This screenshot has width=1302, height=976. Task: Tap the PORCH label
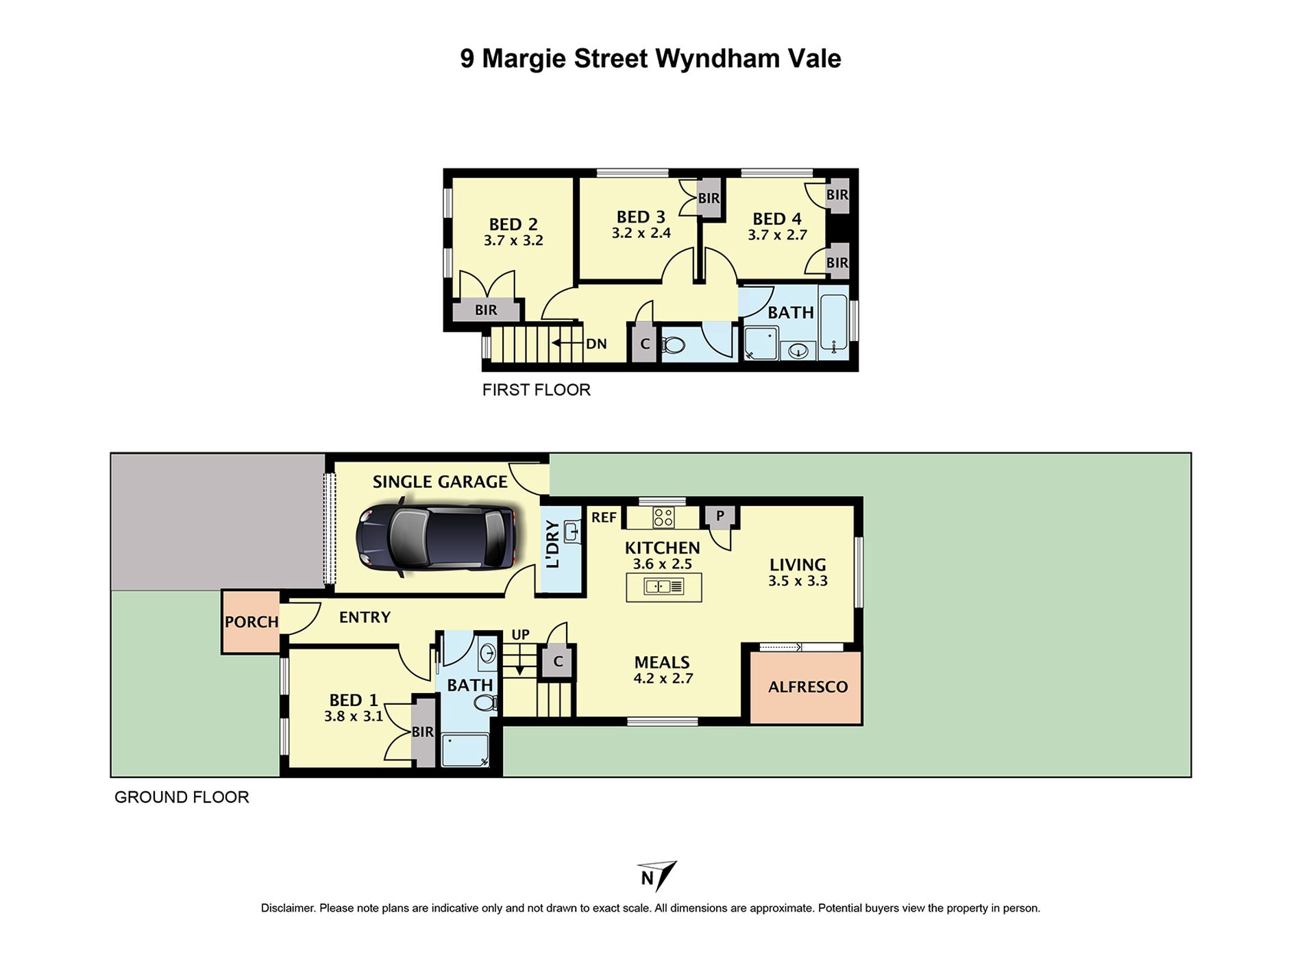pos(251,622)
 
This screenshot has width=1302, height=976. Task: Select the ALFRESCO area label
pos(808,687)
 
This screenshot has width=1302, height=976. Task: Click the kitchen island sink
pos(664,587)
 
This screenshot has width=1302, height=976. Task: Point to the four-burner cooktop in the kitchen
pos(663,517)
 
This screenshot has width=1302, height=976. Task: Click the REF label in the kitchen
pos(604,518)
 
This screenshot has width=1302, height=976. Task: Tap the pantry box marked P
pos(720,516)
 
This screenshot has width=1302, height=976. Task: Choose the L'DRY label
pos(553,545)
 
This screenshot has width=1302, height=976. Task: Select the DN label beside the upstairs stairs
pos(596,344)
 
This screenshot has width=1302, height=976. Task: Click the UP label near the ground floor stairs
pos(520,635)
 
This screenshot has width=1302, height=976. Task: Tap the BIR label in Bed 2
pos(486,310)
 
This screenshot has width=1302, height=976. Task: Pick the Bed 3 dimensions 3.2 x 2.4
pos(641,233)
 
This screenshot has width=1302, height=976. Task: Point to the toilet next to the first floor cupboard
pos(673,345)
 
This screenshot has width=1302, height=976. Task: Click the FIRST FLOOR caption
pos(536,390)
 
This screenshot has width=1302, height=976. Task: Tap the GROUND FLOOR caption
pos(182,797)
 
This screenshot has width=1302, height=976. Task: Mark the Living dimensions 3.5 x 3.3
pos(798,581)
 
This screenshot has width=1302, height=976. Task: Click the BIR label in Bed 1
pos(423,732)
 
